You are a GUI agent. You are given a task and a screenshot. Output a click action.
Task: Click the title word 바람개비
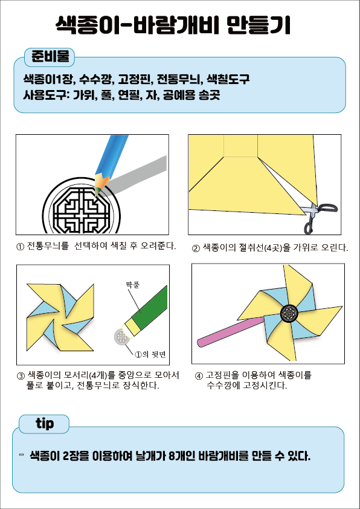tap(174, 25)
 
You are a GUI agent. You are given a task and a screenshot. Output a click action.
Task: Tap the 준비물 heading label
tap(50, 57)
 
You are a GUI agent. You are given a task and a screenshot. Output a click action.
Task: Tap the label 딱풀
tap(133, 285)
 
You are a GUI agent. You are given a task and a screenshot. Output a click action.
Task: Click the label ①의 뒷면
tap(150, 354)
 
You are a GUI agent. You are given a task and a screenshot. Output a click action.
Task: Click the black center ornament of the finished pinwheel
tap(289, 313)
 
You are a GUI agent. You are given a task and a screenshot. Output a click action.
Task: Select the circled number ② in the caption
tap(196, 248)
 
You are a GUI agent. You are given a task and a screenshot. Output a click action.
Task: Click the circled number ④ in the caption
tap(199, 376)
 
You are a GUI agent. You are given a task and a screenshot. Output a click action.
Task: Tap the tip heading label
tap(45, 423)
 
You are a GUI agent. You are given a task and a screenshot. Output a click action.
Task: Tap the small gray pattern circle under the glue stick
tap(121, 337)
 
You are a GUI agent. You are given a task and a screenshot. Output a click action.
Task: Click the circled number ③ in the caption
tap(21, 376)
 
